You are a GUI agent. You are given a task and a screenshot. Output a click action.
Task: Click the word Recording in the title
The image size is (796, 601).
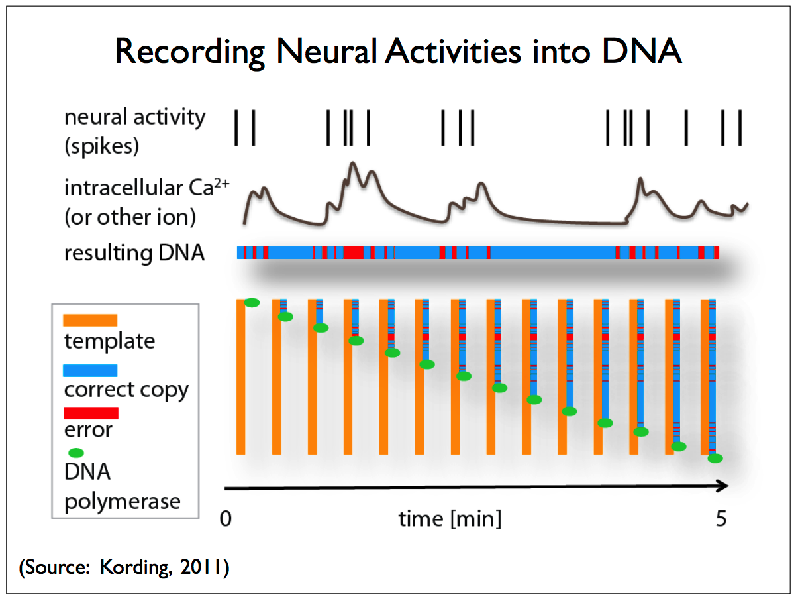[189, 52]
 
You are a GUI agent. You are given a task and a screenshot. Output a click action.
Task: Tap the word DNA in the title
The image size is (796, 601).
[642, 51]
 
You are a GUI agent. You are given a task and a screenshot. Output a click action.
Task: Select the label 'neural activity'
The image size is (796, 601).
[134, 117]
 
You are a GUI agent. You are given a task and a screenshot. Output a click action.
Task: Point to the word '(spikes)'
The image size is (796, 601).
[101, 146]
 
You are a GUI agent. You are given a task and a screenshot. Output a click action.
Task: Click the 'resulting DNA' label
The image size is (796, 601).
[134, 252]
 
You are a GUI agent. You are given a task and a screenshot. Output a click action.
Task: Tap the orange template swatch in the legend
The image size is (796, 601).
[90, 320]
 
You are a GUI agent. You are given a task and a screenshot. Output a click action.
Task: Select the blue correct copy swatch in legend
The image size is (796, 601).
[90, 370]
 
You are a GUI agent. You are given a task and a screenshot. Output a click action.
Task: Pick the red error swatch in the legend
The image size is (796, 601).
[91, 413]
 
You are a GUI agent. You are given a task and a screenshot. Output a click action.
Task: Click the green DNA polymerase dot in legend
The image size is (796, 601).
[76, 453]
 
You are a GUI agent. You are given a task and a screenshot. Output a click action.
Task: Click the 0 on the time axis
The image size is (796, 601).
[226, 518]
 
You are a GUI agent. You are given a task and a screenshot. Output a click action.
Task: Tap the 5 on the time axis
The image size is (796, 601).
[721, 518]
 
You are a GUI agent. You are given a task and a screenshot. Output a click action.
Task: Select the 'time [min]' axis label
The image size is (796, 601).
[450, 519]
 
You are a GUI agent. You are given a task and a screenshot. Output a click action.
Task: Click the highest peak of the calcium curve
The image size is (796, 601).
[352, 163]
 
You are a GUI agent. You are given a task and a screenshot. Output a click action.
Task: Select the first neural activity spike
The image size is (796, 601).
[236, 128]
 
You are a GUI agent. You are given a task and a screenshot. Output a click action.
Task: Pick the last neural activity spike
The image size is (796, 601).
[740, 128]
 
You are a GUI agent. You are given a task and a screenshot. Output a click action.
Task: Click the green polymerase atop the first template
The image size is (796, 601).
[252, 303]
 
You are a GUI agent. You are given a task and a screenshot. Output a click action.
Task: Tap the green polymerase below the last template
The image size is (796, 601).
[715, 458]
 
